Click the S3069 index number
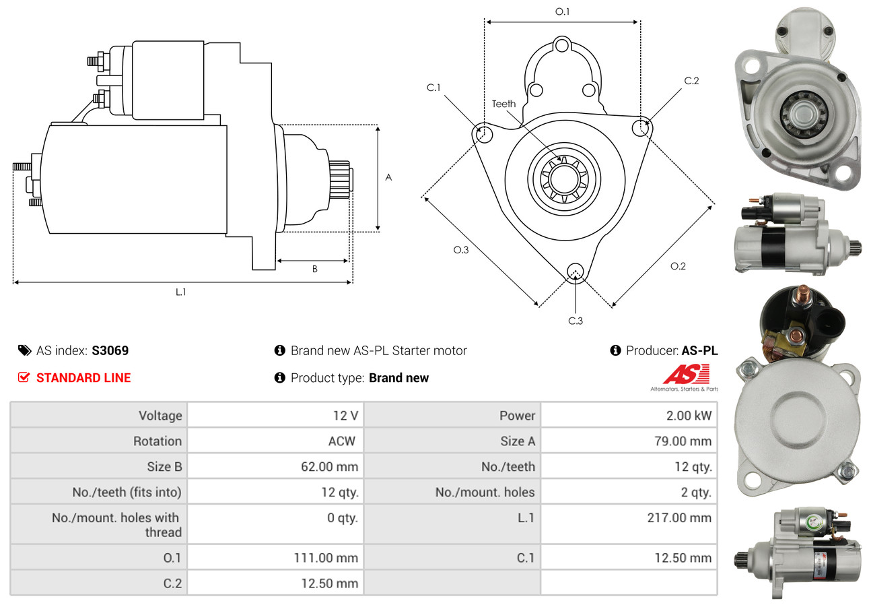click(110, 350)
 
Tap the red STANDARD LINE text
click(83, 378)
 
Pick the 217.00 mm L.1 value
click(679, 517)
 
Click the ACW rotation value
click(341, 441)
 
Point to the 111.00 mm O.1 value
click(326, 558)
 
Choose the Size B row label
click(164, 467)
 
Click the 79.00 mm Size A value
click(683, 441)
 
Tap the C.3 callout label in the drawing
click(576, 321)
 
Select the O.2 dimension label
click(678, 266)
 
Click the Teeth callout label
click(503, 104)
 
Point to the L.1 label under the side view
click(181, 292)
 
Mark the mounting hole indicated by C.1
click(484, 134)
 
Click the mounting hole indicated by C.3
click(576, 271)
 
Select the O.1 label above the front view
click(562, 11)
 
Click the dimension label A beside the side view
click(388, 177)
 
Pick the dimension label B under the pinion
click(314, 269)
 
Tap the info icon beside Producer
click(615, 350)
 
